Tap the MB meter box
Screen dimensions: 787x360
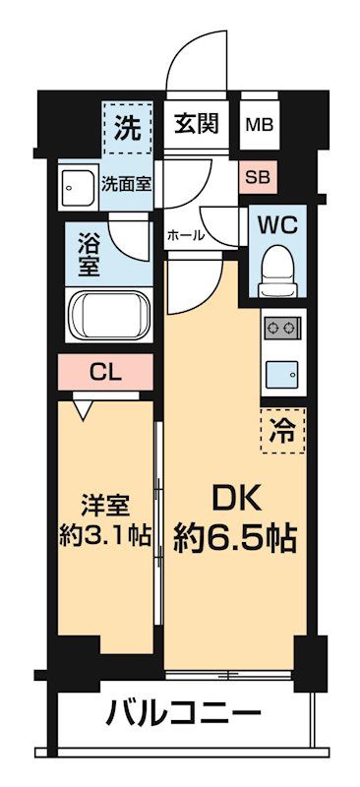point(261,125)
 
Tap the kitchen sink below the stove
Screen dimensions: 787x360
point(281,372)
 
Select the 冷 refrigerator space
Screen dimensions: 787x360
point(283,428)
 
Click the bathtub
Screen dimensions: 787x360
point(108,315)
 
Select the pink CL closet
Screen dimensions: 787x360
point(106,372)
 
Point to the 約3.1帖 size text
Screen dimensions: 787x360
point(103,537)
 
